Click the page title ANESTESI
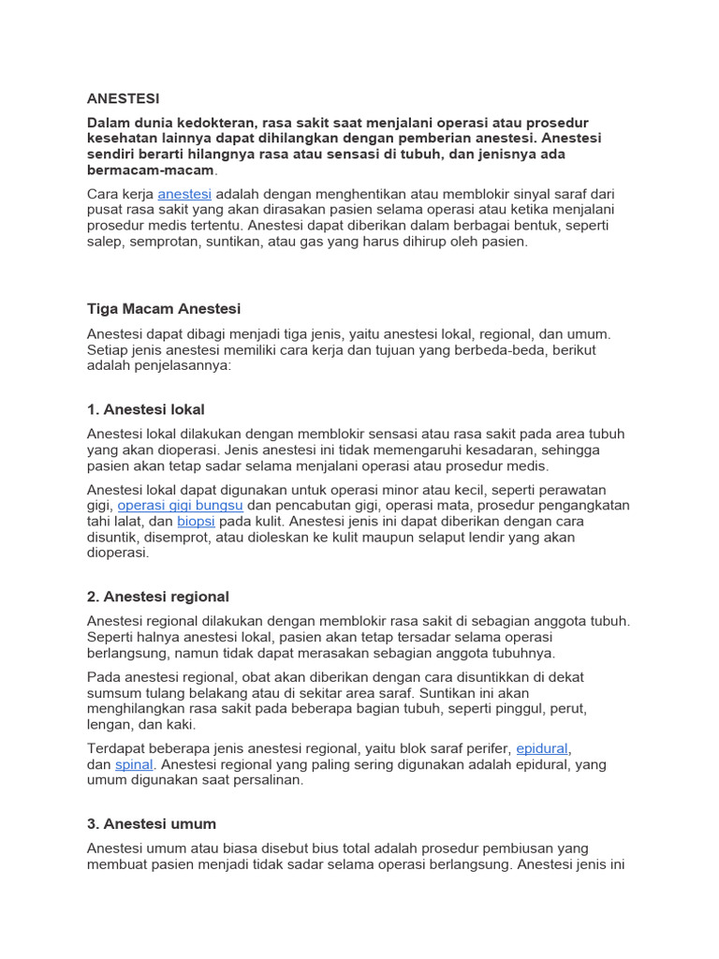123,98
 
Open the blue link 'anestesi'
184,194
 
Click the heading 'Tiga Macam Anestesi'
164,309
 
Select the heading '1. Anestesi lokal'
145,409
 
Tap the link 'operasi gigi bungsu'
180,506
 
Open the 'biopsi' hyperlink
196,522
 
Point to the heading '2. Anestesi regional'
157,597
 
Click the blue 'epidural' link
542,749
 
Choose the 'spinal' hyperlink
133,765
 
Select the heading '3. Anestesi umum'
151,824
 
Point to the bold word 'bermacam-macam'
151,170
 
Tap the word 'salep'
105,242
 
